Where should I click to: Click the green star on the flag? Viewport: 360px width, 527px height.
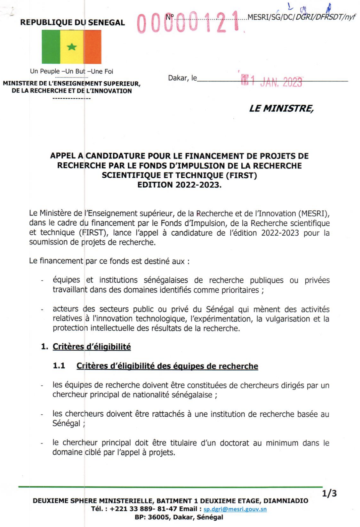(x=72, y=47)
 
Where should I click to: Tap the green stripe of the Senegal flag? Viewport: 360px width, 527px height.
(x=51, y=47)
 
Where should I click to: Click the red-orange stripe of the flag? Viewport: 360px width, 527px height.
(x=93, y=47)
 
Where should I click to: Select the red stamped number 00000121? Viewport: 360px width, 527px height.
(x=188, y=23)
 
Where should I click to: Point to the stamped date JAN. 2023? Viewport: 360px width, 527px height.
(x=281, y=82)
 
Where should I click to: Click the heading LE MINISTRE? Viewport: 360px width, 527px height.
(x=281, y=108)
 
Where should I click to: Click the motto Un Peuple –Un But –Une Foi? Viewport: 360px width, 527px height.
(x=72, y=71)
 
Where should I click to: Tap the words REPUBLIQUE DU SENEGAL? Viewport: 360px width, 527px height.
(x=73, y=23)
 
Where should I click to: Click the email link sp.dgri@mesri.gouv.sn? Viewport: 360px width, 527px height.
(x=235, y=509)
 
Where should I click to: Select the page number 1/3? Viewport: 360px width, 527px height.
(x=329, y=494)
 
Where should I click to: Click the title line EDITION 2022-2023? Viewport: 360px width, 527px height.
(x=179, y=185)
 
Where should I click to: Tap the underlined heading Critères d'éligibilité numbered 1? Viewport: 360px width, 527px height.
(x=91, y=347)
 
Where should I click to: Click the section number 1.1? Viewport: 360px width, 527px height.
(x=59, y=366)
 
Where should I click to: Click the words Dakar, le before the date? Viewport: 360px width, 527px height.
(x=182, y=78)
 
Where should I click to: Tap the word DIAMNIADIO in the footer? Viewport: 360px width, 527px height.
(x=286, y=501)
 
